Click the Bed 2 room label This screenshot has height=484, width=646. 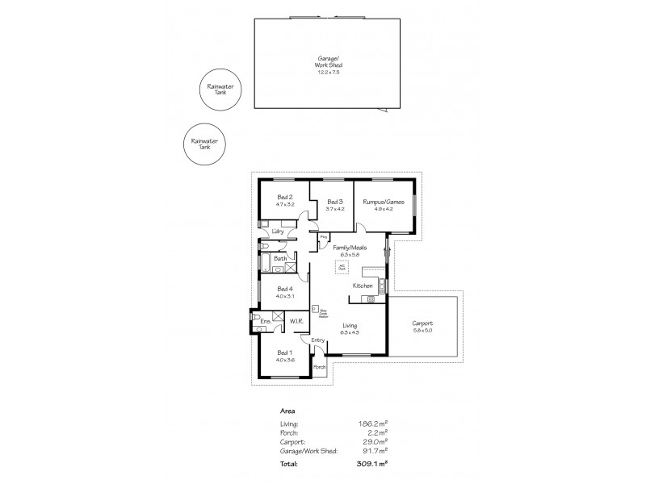(x=284, y=197)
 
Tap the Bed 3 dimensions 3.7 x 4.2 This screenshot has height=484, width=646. (x=336, y=209)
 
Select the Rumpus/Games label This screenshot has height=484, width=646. (x=383, y=202)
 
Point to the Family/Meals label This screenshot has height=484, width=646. (x=349, y=247)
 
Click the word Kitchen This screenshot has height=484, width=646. (x=362, y=286)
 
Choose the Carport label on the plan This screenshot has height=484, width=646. (x=422, y=323)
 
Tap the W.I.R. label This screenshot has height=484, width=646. (x=296, y=322)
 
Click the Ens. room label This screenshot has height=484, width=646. (x=264, y=322)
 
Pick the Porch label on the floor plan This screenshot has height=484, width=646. (x=319, y=367)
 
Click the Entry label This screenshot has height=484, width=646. (x=317, y=340)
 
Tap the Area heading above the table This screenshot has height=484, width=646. (x=287, y=410)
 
